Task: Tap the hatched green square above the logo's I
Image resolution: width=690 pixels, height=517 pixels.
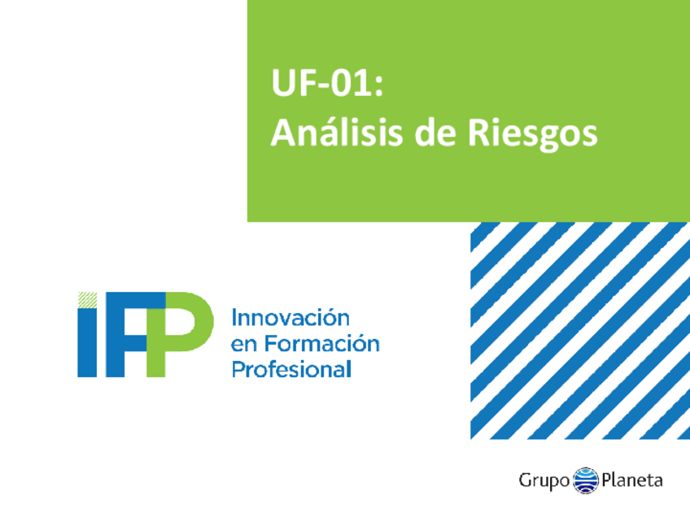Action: click(x=87, y=299)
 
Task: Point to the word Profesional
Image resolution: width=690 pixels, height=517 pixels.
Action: click(x=291, y=370)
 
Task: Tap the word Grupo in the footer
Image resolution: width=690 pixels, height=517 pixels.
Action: click(x=544, y=480)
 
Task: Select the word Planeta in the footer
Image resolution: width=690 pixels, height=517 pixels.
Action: click(x=632, y=480)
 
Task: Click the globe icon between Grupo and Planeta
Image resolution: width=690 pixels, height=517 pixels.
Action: click(x=586, y=480)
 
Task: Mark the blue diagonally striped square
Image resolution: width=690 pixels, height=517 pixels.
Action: click(x=579, y=330)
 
